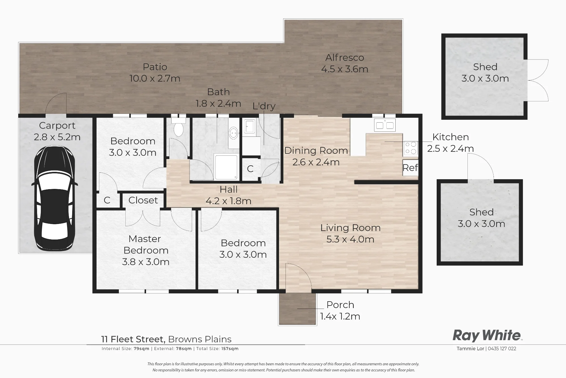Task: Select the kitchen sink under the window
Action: pyautogui.click(x=385, y=125)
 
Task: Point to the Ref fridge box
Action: pyautogui.click(x=410, y=168)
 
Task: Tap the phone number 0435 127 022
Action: pyautogui.click(x=502, y=349)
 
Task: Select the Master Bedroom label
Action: pyautogui.click(x=145, y=245)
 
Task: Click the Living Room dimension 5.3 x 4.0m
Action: pyautogui.click(x=350, y=239)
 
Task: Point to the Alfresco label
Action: pyautogui.click(x=345, y=57)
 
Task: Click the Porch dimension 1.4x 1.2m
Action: pyautogui.click(x=340, y=316)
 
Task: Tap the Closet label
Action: pyautogui.click(x=143, y=200)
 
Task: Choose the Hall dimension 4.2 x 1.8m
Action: pyautogui.click(x=228, y=201)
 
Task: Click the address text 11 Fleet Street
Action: pyautogui.click(x=133, y=339)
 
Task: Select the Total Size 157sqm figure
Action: pyautogui.click(x=229, y=349)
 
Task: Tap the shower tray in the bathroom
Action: pyautogui.click(x=226, y=167)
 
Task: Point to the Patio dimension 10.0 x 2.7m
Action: pyautogui.click(x=155, y=78)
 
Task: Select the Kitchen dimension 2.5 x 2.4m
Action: pyautogui.click(x=451, y=149)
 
